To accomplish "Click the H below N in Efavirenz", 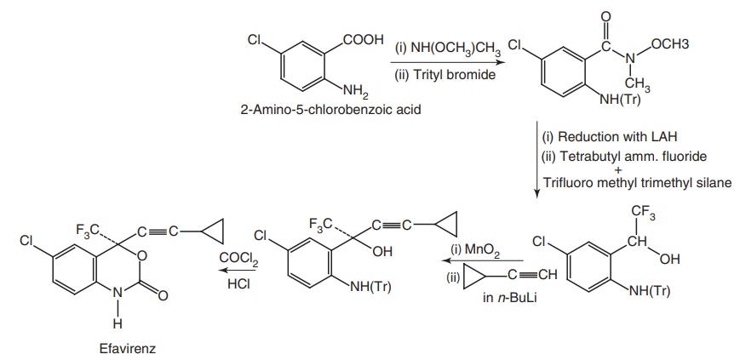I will pos(118,323).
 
